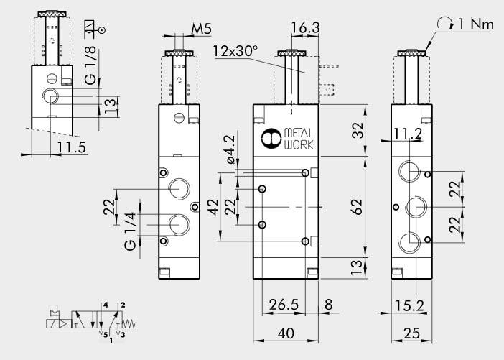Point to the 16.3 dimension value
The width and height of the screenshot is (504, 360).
coord(305,28)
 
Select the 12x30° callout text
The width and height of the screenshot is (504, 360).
coord(235,52)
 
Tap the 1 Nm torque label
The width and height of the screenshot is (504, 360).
coord(475,24)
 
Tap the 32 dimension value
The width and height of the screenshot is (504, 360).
coord(356,129)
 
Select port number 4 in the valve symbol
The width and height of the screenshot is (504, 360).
coord(106,306)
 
